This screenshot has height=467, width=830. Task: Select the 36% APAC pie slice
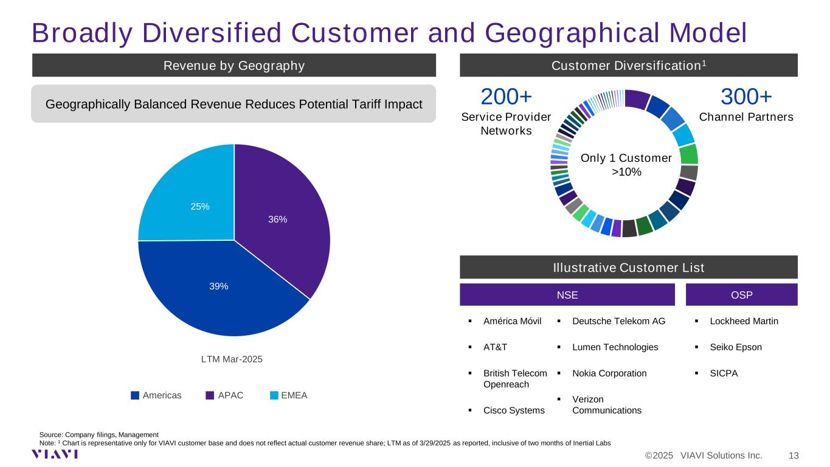click(x=278, y=220)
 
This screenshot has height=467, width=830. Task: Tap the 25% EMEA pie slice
click(x=193, y=200)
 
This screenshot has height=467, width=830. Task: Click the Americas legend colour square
click(x=135, y=395)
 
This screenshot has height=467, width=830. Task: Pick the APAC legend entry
click(x=224, y=395)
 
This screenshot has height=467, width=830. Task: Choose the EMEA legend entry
click(x=289, y=395)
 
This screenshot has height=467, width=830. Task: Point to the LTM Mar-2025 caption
click(x=232, y=359)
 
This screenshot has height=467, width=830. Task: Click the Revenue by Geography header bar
click(x=234, y=65)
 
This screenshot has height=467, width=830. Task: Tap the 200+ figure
click(x=506, y=97)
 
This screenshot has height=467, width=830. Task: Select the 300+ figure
click(x=746, y=97)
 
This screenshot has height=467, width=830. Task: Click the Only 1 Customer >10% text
click(x=626, y=165)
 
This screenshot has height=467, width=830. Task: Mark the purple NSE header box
click(x=567, y=295)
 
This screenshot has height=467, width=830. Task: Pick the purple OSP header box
click(x=741, y=295)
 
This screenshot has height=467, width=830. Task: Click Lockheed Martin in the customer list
click(x=744, y=321)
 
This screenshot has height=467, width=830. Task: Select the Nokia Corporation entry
click(x=609, y=373)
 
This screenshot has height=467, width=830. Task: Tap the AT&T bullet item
click(x=495, y=347)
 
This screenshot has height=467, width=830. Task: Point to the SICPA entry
click(x=724, y=373)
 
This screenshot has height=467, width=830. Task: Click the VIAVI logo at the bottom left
click(x=55, y=454)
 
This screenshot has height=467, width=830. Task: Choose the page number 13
click(x=794, y=455)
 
